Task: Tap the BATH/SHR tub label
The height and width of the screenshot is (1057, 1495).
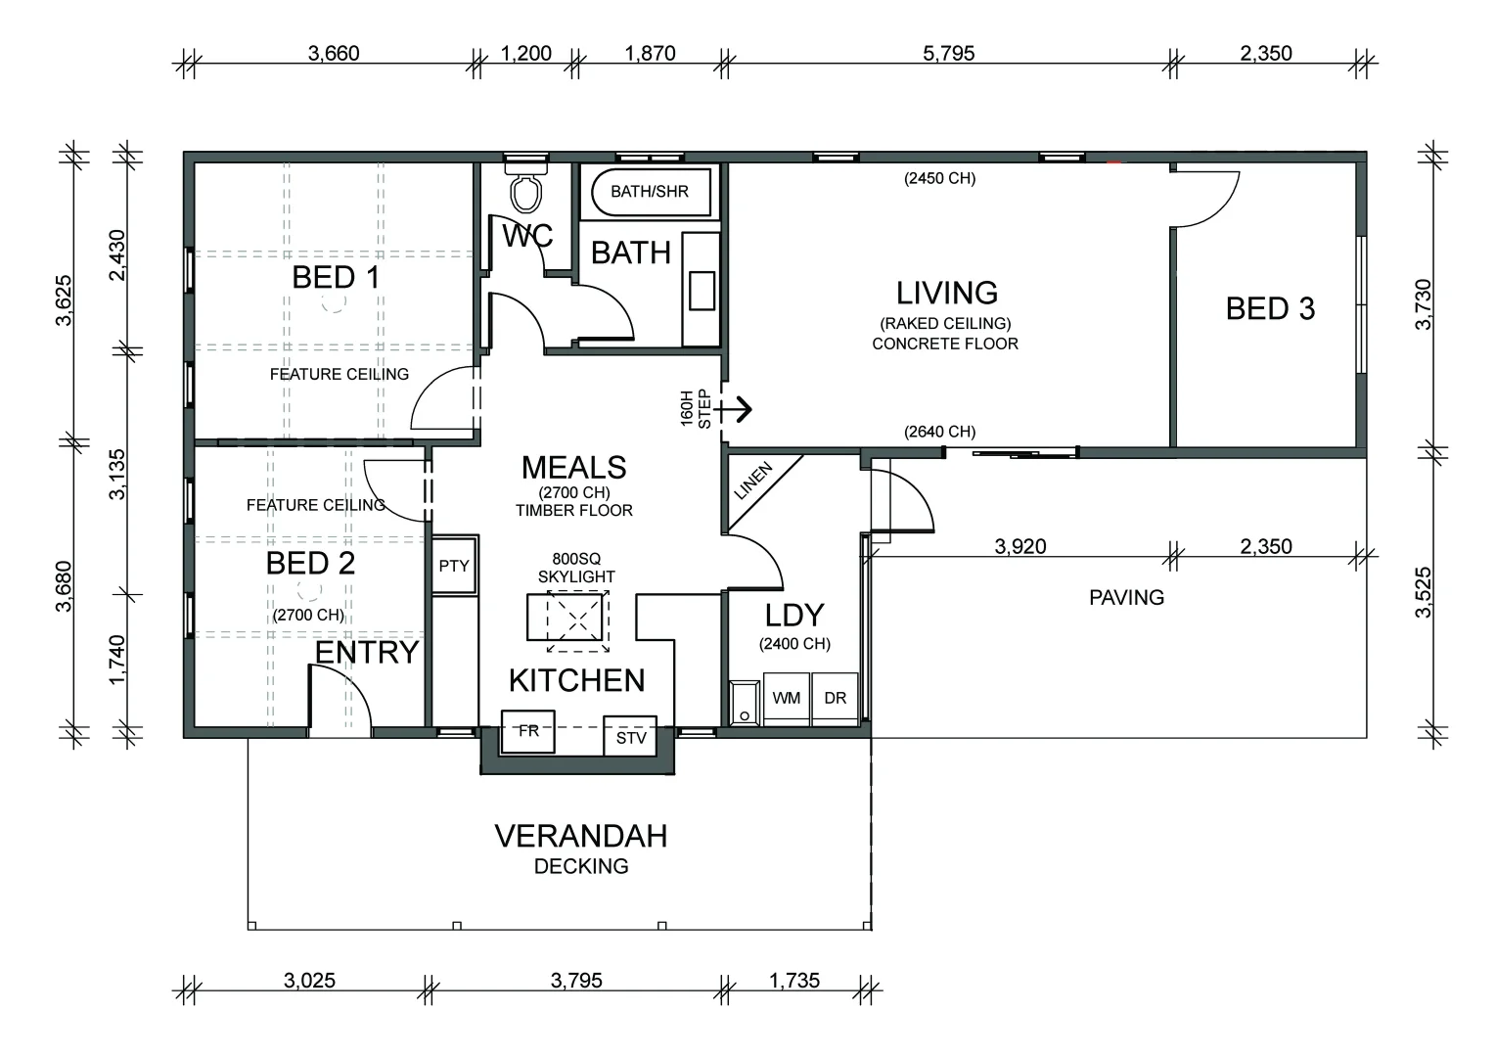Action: pyautogui.click(x=650, y=192)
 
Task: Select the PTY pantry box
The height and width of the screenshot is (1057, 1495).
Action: pyautogui.click(x=455, y=565)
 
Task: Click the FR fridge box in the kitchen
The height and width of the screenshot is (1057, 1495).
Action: pyautogui.click(x=528, y=731)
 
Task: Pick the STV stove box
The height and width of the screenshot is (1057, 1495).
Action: pyautogui.click(x=630, y=737)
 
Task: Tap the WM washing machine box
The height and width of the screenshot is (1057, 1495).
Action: pyautogui.click(x=787, y=699)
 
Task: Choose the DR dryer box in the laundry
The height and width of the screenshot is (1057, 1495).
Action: pyautogui.click(x=835, y=699)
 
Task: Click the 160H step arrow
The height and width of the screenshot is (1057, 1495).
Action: pyautogui.click(x=734, y=409)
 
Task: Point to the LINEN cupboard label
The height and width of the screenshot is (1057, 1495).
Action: pyautogui.click(x=752, y=481)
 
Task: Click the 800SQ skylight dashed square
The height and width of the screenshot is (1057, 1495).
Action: pyautogui.click(x=578, y=620)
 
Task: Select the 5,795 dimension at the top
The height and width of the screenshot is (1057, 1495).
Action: pyautogui.click(x=948, y=53)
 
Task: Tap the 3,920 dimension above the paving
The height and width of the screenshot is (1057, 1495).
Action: pyautogui.click(x=1020, y=546)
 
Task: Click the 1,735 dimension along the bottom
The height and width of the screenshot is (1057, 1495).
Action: pyautogui.click(x=794, y=981)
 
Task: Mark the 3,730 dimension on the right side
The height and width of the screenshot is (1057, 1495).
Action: pyautogui.click(x=1423, y=304)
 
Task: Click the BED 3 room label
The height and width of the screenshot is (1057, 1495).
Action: pyautogui.click(x=1270, y=308)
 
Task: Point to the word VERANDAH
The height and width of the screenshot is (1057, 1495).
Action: pyautogui.click(x=580, y=836)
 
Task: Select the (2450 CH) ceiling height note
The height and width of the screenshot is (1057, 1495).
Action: pyautogui.click(x=939, y=178)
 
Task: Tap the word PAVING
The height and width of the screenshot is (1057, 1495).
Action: pyautogui.click(x=1126, y=597)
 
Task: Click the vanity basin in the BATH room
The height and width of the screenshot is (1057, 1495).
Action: pyautogui.click(x=702, y=290)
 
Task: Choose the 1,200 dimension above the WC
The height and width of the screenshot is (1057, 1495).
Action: pyautogui.click(x=526, y=53)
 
